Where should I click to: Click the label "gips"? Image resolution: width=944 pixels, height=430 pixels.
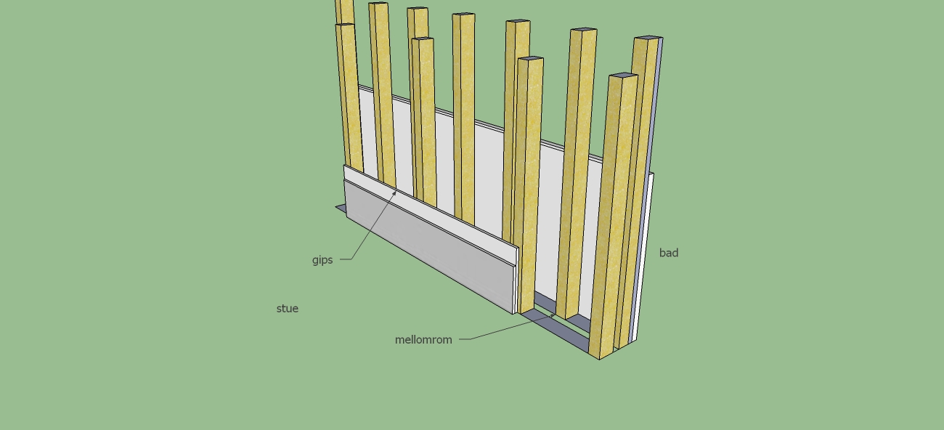[x=322, y=260]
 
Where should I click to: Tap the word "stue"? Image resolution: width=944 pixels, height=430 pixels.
[x=288, y=309]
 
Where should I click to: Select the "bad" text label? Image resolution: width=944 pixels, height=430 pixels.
[x=669, y=253]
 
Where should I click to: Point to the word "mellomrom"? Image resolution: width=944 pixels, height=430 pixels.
[x=423, y=340]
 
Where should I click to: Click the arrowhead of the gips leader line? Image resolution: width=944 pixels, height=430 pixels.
[x=394, y=193]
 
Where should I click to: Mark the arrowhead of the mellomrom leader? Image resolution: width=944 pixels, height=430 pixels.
[x=553, y=315]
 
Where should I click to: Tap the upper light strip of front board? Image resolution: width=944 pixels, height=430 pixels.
[x=430, y=214]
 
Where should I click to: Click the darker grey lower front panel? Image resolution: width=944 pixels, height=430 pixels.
[x=430, y=247]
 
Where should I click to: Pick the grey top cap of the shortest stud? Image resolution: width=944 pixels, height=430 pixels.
[x=623, y=76]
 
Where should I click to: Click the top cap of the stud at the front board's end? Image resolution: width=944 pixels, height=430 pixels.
[x=531, y=58]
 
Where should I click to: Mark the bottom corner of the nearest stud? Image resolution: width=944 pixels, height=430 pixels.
[x=599, y=360]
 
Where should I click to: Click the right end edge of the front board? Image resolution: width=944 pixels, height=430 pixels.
[x=516, y=281]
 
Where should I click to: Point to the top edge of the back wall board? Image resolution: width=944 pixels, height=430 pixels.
[x=481, y=123]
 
